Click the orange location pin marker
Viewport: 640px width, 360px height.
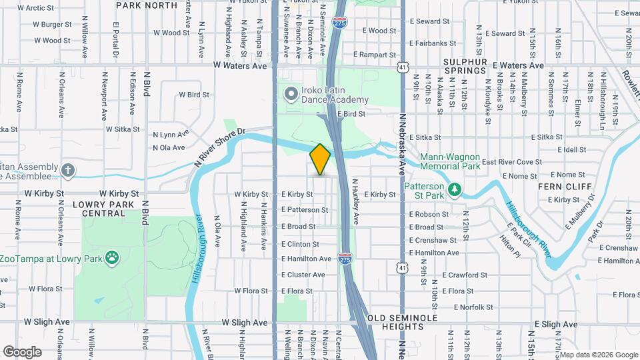[x=321, y=159]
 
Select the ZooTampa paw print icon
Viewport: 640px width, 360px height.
[x=113, y=257]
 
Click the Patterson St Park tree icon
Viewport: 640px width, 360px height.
[x=455, y=190]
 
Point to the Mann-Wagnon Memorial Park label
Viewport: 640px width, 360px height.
[x=450, y=161]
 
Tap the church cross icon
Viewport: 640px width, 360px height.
[x=68, y=170]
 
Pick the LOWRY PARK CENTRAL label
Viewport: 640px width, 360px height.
[x=103, y=209]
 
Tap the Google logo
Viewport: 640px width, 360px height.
[x=23, y=351]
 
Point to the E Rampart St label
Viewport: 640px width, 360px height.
[x=375, y=54]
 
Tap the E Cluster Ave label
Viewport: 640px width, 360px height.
[x=303, y=275]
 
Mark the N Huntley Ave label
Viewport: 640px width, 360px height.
[x=356, y=201]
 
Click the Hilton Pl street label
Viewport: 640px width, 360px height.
[x=511, y=245]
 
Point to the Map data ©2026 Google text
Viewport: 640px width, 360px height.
[x=597, y=355]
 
